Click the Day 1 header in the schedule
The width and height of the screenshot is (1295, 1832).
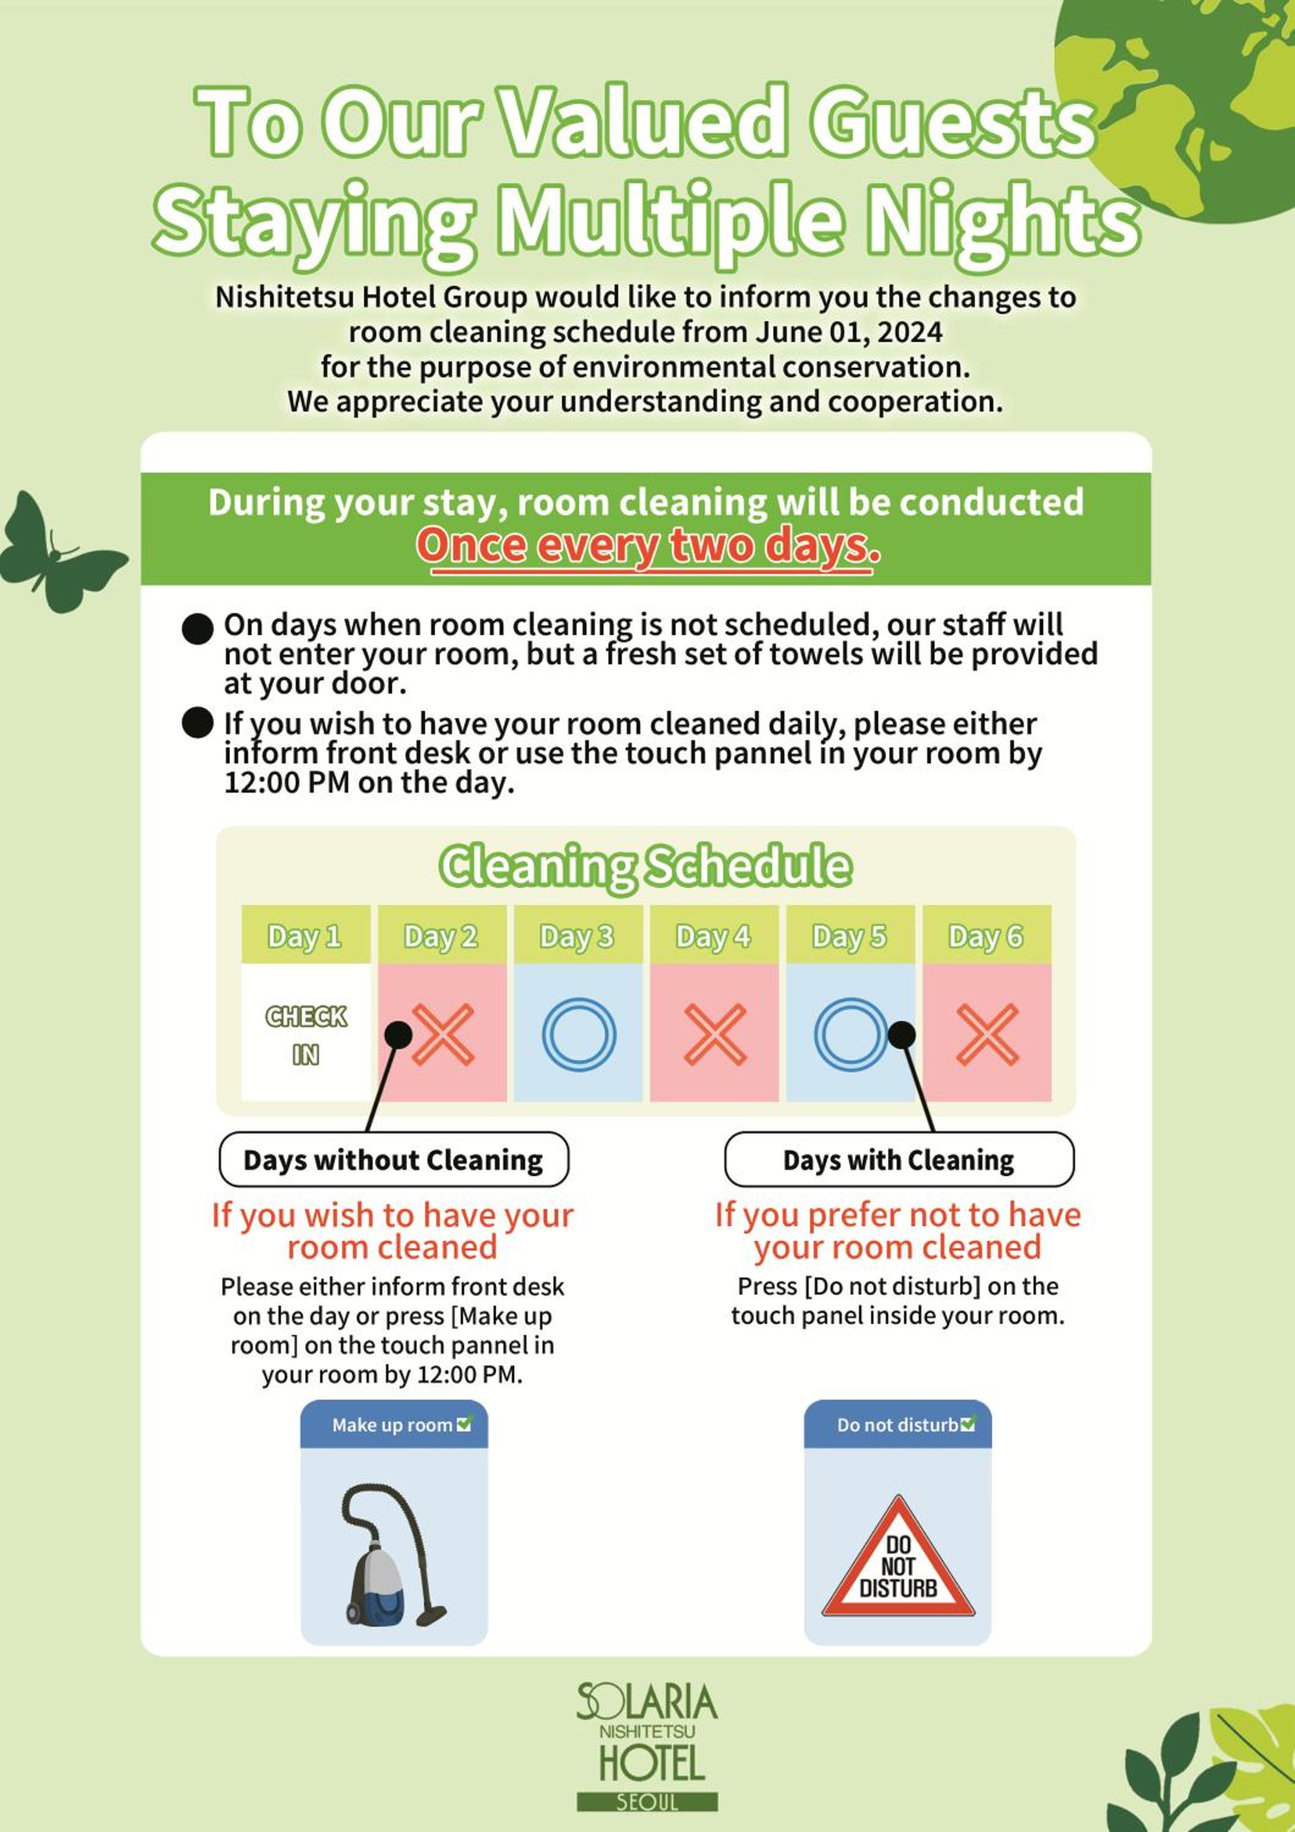point(305,934)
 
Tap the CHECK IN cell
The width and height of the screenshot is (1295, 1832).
point(305,1033)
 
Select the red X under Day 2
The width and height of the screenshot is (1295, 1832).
point(443,1034)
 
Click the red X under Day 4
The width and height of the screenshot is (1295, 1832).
point(715,1034)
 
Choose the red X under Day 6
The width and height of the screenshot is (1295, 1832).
point(987,1034)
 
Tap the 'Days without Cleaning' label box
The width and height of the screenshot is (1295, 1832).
point(393,1160)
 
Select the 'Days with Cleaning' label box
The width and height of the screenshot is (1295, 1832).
point(899,1160)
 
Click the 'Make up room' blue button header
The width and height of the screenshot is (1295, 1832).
point(393,1424)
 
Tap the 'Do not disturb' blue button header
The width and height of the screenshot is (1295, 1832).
point(898,1424)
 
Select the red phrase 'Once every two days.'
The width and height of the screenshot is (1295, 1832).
point(648,547)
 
